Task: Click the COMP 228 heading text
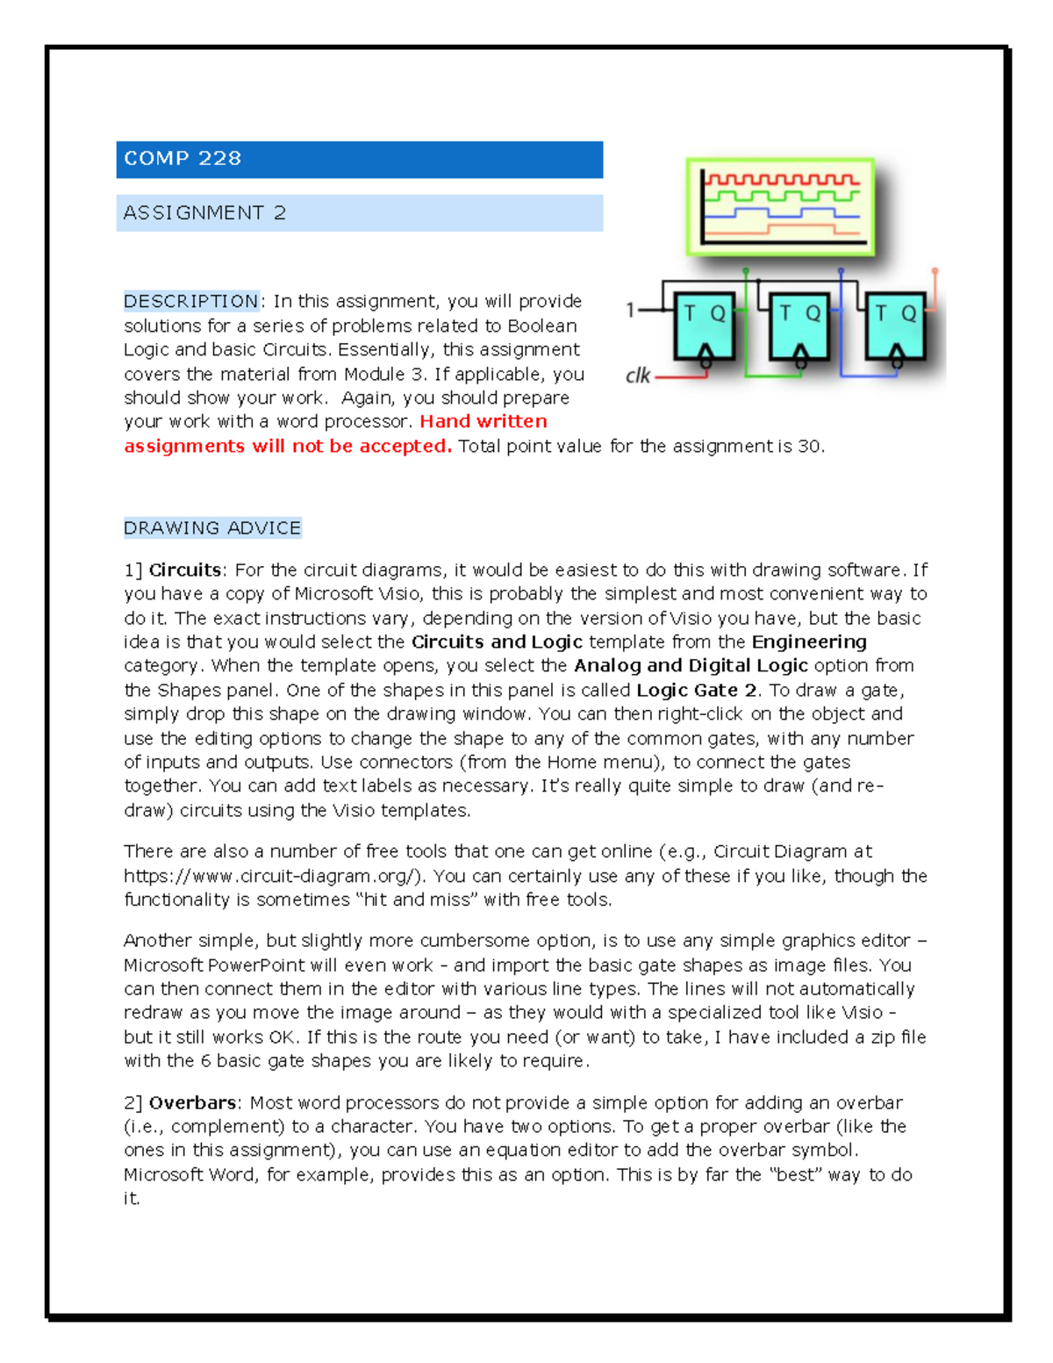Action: click(x=183, y=159)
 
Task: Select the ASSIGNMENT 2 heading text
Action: click(x=204, y=213)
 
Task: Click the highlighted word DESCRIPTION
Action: click(x=190, y=302)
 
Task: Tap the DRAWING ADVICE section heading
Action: click(x=212, y=528)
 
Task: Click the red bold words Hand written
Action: click(x=483, y=422)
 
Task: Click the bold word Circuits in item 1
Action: click(x=184, y=570)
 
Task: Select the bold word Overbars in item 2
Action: click(x=192, y=1103)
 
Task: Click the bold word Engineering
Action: click(x=809, y=642)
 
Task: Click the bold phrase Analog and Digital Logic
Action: click(x=691, y=666)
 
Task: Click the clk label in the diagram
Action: click(x=637, y=377)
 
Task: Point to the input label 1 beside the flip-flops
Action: click(x=630, y=310)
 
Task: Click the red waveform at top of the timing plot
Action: click(x=781, y=180)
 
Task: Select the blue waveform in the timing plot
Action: click(x=781, y=213)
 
